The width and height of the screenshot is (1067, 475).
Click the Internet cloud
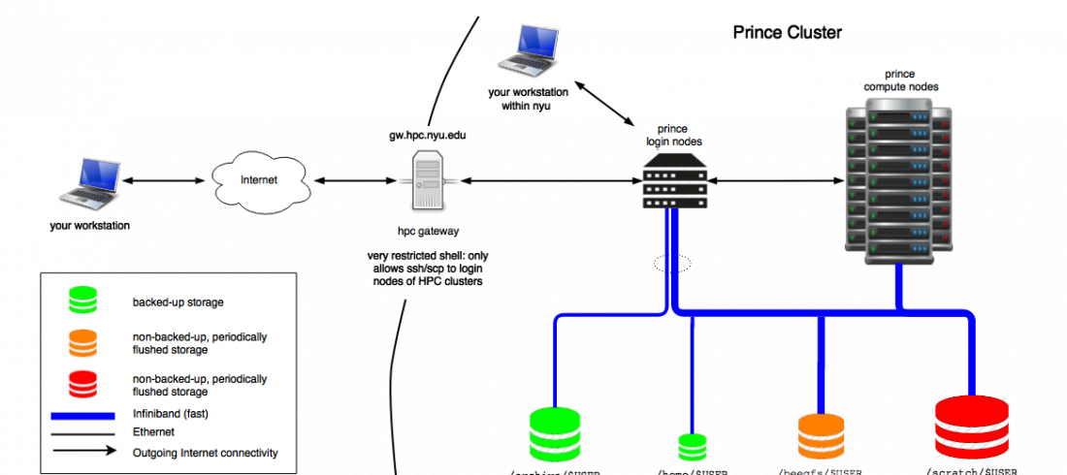point(259,180)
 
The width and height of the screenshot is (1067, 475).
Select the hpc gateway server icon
point(428,180)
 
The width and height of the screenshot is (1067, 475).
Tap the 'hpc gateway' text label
point(428,233)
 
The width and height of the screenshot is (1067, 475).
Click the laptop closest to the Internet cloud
point(90,181)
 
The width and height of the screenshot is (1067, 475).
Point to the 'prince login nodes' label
point(674,136)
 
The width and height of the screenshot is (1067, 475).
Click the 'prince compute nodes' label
point(900,80)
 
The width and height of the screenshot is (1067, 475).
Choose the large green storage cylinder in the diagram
point(555,433)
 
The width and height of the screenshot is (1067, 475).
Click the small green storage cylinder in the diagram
point(693,446)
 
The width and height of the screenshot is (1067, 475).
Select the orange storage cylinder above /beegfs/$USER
point(821,435)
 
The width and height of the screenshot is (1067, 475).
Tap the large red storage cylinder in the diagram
point(972,427)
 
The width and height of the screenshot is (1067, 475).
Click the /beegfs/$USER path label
point(821,470)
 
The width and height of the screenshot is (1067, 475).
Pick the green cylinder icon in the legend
point(83,301)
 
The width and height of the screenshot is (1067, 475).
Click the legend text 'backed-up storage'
point(178,302)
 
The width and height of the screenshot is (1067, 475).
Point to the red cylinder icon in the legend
point(83,385)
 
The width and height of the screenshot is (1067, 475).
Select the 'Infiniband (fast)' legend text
point(172,414)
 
